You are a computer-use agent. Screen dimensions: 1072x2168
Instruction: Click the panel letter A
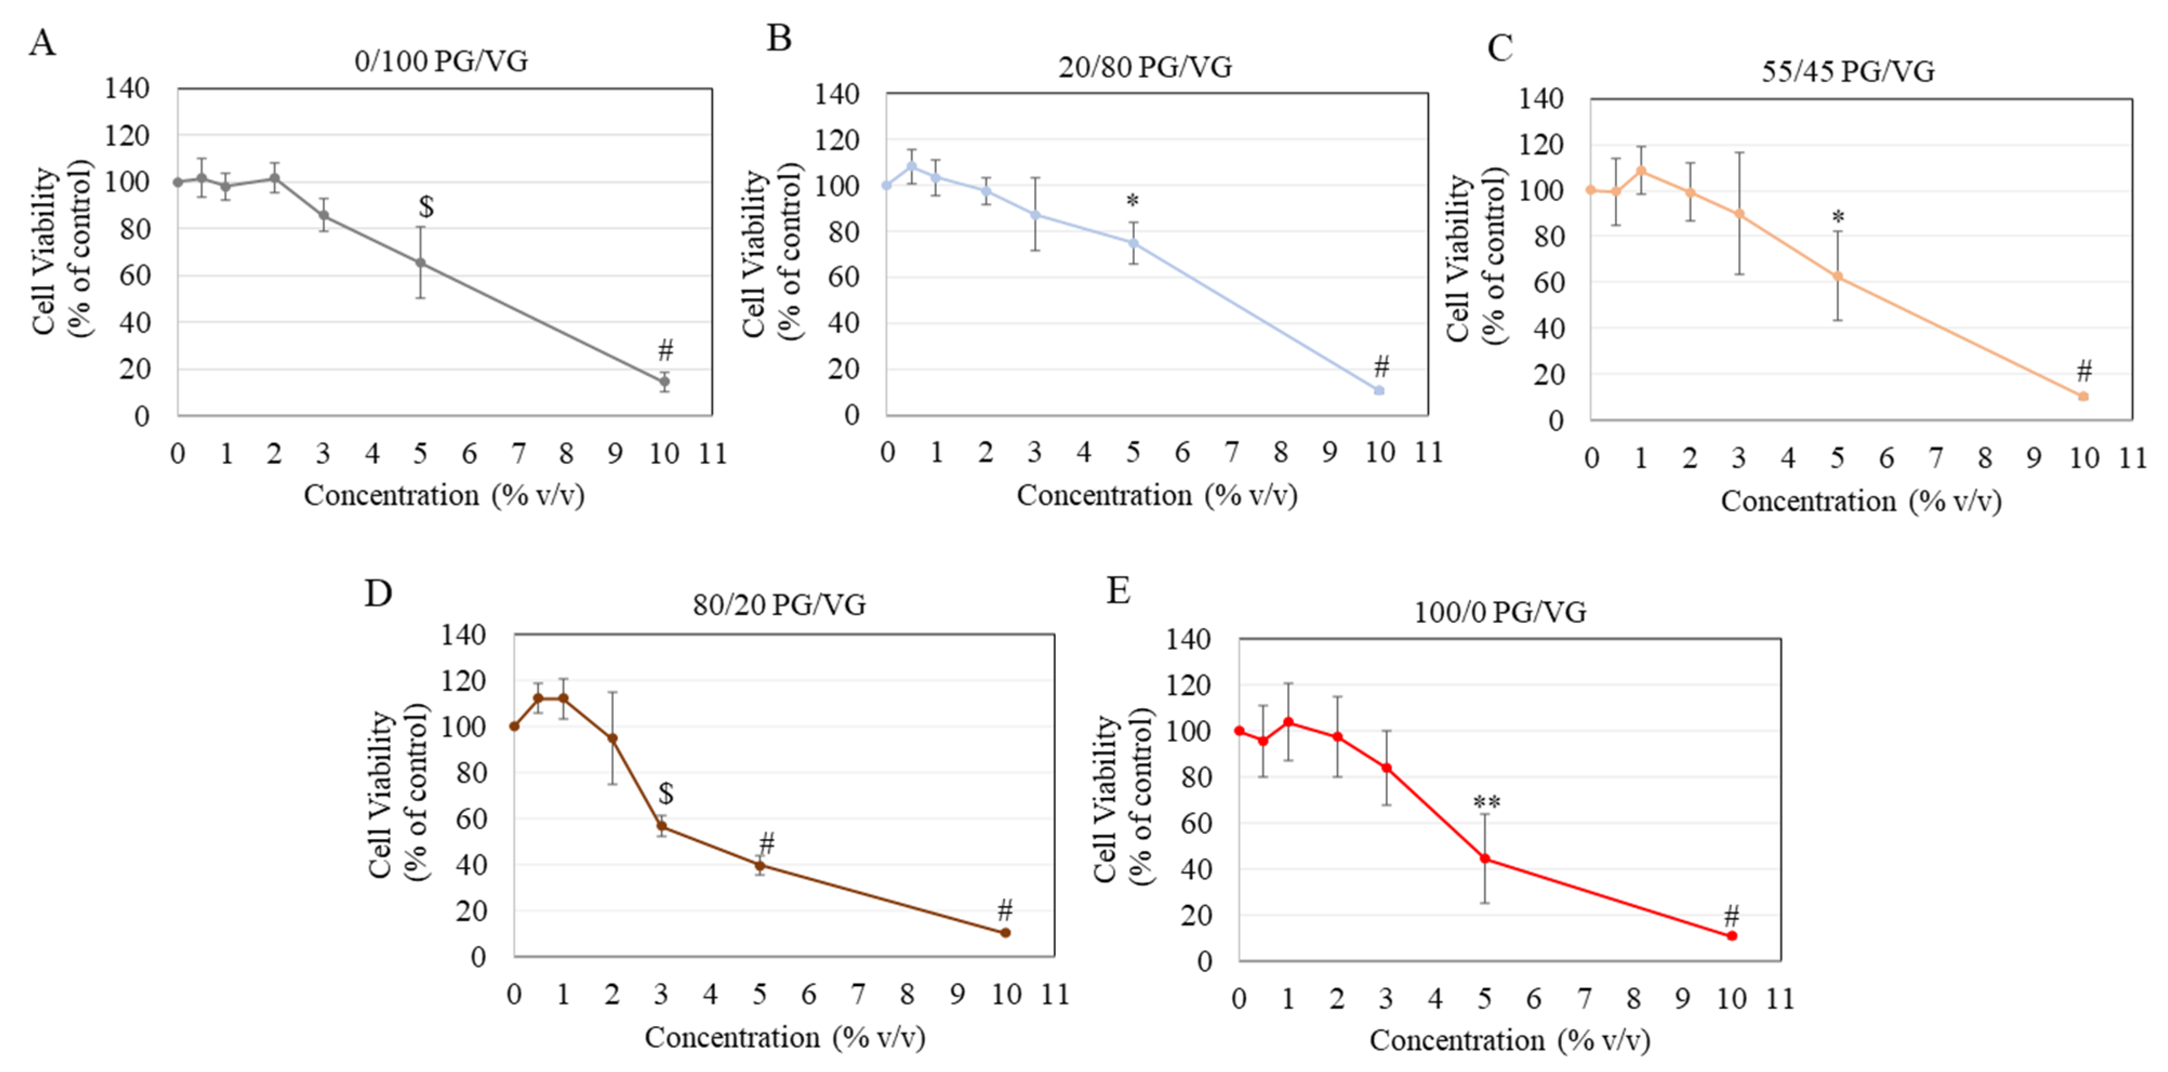(x=42, y=42)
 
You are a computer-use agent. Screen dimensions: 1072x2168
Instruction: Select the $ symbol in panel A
(x=427, y=206)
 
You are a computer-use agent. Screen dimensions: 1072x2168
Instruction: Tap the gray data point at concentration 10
(x=664, y=381)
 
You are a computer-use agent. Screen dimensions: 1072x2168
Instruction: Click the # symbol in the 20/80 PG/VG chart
(x=1381, y=366)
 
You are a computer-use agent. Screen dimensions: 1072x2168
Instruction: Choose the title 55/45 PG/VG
(x=1848, y=71)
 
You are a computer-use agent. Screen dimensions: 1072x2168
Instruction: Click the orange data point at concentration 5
(x=1838, y=276)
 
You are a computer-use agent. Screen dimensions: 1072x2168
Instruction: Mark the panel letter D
(x=378, y=593)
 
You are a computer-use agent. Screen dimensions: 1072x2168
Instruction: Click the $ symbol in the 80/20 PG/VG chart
(x=666, y=793)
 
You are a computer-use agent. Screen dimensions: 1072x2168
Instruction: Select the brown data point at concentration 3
(x=662, y=825)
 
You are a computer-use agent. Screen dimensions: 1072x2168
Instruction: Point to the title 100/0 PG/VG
(x=1500, y=612)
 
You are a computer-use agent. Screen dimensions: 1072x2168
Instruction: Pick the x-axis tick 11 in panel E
(x=1780, y=999)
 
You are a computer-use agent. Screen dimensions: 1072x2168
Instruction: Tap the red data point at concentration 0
(x=1239, y=730)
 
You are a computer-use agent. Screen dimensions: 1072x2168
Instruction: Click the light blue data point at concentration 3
(x=1035, y=215)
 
